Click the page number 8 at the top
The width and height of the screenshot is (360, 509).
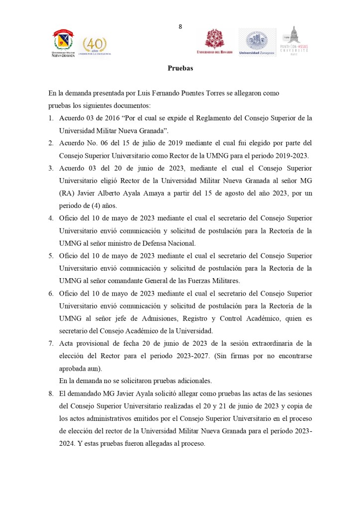point(180,27)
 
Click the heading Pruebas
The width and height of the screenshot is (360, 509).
point(180,68)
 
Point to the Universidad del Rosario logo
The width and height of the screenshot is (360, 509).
point(215,42)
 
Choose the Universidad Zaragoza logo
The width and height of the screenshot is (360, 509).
point(257,42)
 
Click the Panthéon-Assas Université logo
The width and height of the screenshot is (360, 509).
point(295,41)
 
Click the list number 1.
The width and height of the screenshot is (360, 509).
point(51,118)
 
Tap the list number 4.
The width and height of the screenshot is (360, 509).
point(51,218)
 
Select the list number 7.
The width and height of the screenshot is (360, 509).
point(51,343)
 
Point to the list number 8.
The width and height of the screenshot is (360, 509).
point(51,394)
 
